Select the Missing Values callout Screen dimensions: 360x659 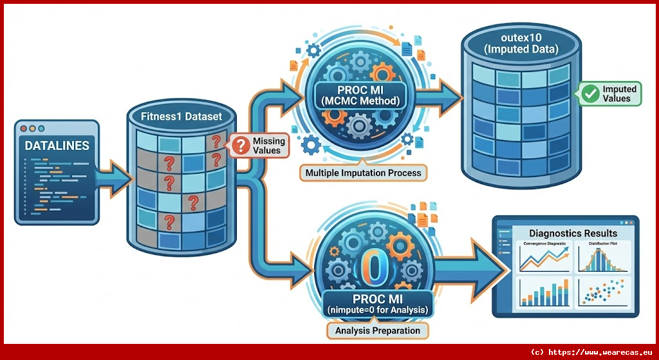click(x=260, y=145)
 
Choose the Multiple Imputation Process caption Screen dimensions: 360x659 click(x=363, y=173)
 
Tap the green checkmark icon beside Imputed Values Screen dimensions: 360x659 click(x=589, y=94)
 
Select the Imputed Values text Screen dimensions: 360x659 click(x=619, y=94)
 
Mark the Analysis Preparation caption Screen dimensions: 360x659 click(x=377, y=331)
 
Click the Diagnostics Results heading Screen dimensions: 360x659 click(x=572, y=233)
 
